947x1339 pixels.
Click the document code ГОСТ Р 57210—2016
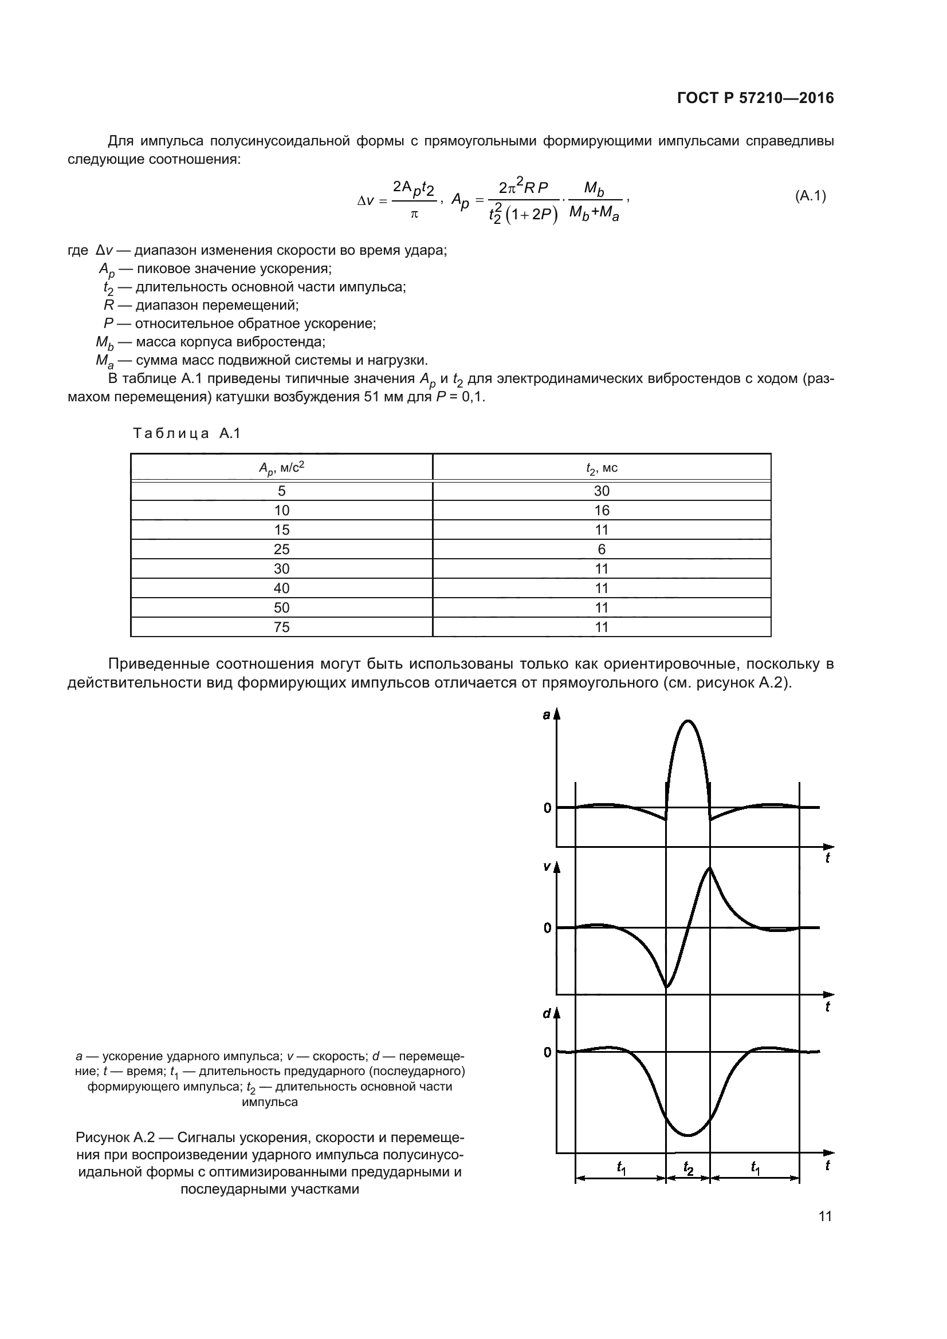(x=755, y=98)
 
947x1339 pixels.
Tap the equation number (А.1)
(x=811, y=196)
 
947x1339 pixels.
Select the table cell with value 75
(x=281, y=627)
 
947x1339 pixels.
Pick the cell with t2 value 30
(x=601, y=491)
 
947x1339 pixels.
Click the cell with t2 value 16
(x=601, y=510)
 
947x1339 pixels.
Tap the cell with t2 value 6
(x=601, y=550)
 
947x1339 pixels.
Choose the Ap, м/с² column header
(x=281, y=468)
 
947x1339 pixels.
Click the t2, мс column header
(x=601, y=468)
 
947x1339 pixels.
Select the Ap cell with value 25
(x=281, y=550)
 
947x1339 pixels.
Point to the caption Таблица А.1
(x=187, y=433)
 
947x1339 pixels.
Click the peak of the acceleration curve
(x=688, y=721)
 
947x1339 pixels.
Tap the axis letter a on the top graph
(x=546, y=715)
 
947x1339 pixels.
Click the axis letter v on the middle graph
(x=546, y=867)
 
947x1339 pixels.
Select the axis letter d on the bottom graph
(x=546, y=1014)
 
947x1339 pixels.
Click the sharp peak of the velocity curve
(x=709, y=869)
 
